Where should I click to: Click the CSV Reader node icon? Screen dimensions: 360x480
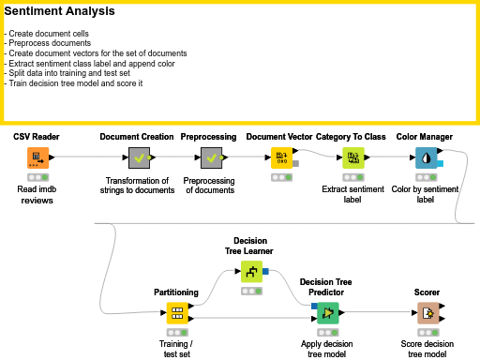(x=37, y=157)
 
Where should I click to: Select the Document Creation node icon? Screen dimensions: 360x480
(x=137, y=157)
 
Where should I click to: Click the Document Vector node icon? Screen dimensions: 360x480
(x=280, y=157)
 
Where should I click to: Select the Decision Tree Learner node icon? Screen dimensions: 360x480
(x=251, y=272)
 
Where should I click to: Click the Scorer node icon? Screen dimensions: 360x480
(x=427, y=314)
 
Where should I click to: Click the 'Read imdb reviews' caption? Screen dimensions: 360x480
(x=37, y=194)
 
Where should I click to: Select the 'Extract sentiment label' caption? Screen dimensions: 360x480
(x=352, y=193)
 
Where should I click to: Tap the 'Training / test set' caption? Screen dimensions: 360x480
(x=176, y=349)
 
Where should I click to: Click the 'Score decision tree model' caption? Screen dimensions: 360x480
(x=427, y=349)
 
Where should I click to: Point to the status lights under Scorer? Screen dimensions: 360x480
(x=427, y=332)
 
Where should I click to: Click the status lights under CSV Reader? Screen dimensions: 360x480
(x=37, y=176)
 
